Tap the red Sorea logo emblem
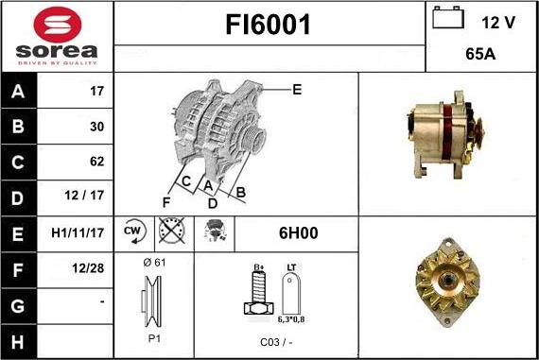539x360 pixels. click(x=57, y=24)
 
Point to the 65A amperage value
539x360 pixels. click(x=481, y=55)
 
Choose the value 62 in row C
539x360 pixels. click(x=96, y=162)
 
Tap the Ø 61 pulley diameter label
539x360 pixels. click(x=153, y=262)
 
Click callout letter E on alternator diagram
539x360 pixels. click(x=297, y=90)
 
